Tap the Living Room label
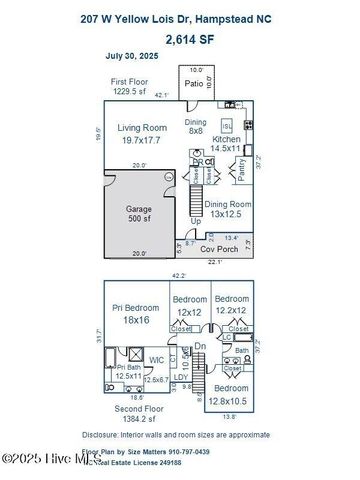click(x=142, y=127)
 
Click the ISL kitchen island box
click(x=226, y=126)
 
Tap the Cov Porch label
click(x=219, y=248)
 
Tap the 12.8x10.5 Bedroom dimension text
click(x=232, y=401)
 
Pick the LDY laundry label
click(x=181, y=377)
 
